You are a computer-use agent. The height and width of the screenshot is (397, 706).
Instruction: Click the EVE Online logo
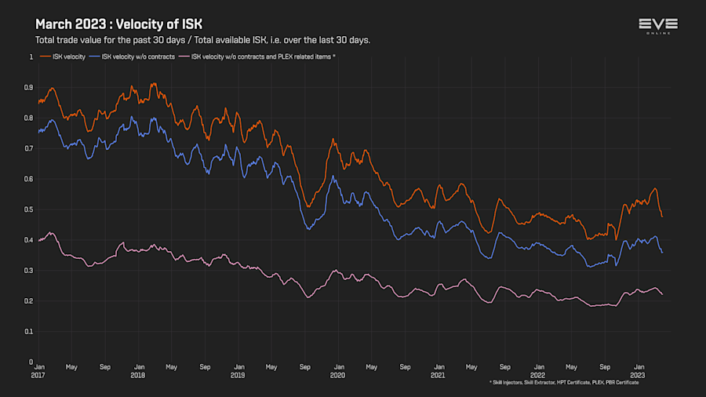tap(659, 27)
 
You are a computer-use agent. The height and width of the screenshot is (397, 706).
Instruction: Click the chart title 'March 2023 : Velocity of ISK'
tap(118, 24)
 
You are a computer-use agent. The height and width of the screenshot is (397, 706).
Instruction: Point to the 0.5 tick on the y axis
tap(30, 209)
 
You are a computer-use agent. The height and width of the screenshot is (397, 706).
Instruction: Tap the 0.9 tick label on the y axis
tap(30, 87)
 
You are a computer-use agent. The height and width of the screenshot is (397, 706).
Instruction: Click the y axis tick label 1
tap(31, 56)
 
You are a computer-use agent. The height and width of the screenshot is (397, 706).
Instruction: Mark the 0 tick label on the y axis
tap(31, 362)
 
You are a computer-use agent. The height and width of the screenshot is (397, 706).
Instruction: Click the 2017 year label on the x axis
tap(38, 375)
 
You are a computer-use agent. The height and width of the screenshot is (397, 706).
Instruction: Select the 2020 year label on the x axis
tap(337, 375)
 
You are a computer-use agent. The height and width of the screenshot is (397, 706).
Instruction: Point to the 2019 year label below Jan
tap(238, 375)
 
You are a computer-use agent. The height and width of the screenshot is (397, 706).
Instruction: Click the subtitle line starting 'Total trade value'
tap(202, 40)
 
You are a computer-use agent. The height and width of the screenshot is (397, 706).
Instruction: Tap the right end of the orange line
tap(662, 217)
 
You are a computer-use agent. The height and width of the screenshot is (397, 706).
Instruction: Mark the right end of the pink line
tap(662, 294)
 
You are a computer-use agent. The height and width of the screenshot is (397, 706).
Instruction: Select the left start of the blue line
tap(38, 131)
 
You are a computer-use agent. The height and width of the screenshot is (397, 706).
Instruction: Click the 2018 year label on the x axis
tap(138, 375)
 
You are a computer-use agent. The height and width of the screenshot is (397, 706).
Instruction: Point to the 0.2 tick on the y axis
tap(30, 301)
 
